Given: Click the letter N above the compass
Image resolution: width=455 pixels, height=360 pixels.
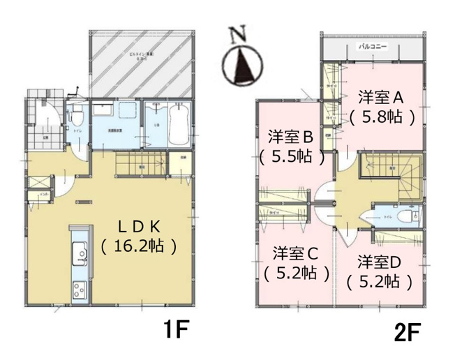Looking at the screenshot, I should [x=240, y=33].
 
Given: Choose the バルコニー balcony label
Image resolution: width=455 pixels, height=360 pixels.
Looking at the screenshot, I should [x=373, y=47].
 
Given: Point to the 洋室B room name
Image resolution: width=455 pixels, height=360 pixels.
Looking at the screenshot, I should [x=292, y=137].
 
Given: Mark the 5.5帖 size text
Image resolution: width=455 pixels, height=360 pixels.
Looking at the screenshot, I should [x=292, y=157].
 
